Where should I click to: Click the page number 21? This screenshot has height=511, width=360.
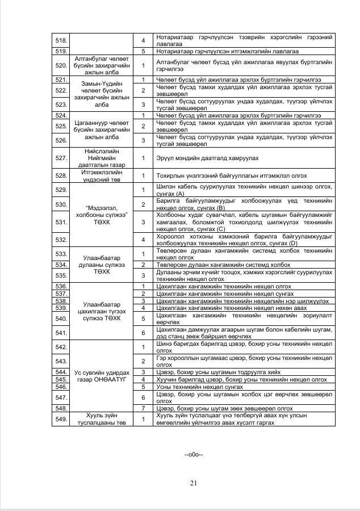[x=193, y=483]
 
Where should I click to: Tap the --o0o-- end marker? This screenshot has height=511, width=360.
[x=194, y=455]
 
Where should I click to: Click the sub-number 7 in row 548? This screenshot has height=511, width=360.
[x=144, y=408]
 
